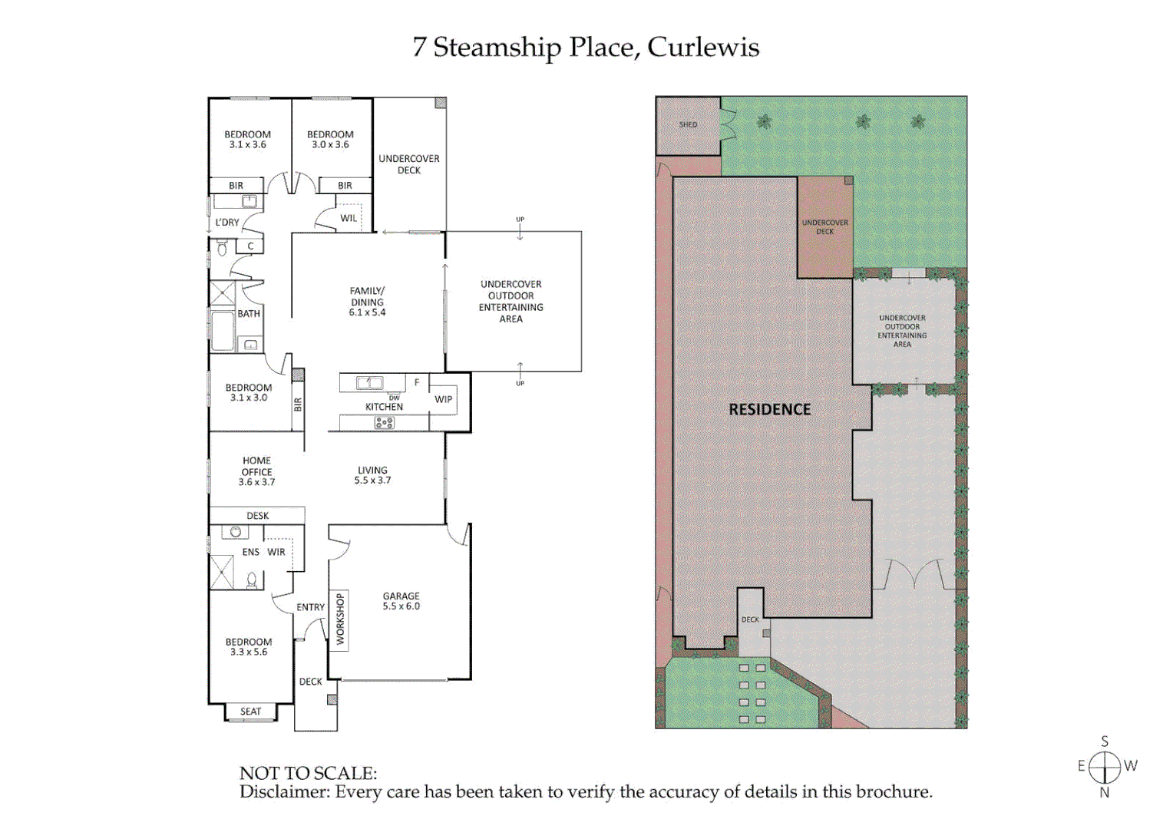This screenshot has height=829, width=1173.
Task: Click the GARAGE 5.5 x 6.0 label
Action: coord(401,601)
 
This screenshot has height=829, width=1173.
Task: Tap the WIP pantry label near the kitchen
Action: coord(443,399)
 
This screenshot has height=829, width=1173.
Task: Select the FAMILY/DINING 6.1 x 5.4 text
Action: coord(367,302)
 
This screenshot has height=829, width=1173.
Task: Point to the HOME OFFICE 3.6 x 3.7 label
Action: coord(256,471)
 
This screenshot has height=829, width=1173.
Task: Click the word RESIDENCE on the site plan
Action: coord(769,410)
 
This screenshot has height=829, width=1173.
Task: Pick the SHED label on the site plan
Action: coord(688,124)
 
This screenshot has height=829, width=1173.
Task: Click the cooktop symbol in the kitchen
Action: coord(384,423)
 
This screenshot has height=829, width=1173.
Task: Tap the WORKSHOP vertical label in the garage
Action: coord(340,620)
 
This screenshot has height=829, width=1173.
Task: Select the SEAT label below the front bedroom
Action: coord(250,712)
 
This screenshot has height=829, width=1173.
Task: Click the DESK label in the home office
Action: coord(257,516)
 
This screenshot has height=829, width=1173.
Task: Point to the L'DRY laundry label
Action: coord(227,223)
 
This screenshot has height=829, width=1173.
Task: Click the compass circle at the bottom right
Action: coord(1104,767)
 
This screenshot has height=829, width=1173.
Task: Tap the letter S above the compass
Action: coord(1105,741)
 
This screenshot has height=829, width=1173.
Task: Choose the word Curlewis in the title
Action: coord(703,48)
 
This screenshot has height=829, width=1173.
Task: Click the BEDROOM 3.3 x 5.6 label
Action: coord(248,647)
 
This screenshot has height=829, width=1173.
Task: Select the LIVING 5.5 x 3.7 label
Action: coord(372,475)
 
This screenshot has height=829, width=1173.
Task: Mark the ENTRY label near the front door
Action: coord(310,607)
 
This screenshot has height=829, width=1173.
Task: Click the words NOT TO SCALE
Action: coord(308,773)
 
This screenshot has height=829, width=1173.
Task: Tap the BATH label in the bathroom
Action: coord(249,314)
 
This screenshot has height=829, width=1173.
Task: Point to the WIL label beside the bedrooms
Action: coord(349,218)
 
